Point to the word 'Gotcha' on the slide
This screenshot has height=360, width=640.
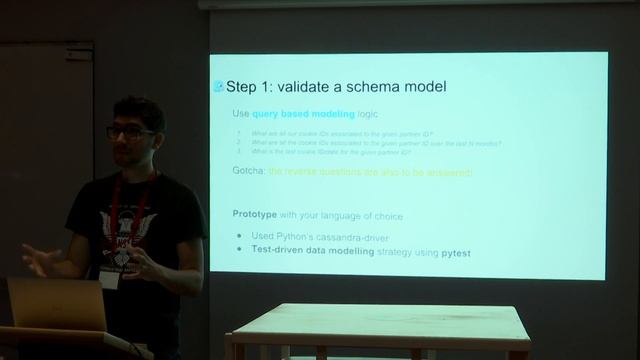[249, 173]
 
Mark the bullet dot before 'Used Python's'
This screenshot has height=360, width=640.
[239, 235]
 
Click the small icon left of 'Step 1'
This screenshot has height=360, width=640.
[219, 87]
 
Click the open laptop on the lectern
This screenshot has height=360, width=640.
[55, 304]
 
